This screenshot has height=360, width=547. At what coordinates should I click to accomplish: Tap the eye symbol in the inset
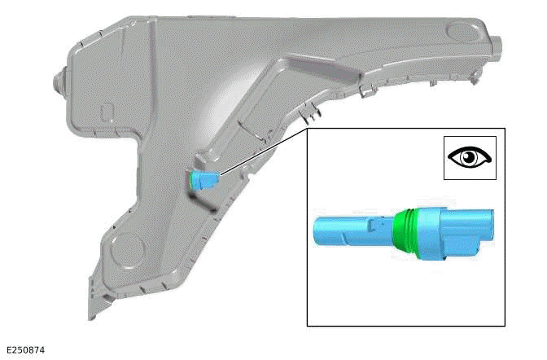coord(470,157)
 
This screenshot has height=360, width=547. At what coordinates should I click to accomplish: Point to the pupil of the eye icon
coord(470,157)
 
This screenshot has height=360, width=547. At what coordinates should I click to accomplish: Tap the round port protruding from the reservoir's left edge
coord(59,81)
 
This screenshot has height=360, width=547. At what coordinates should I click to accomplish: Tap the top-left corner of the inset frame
coord(308,129)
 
